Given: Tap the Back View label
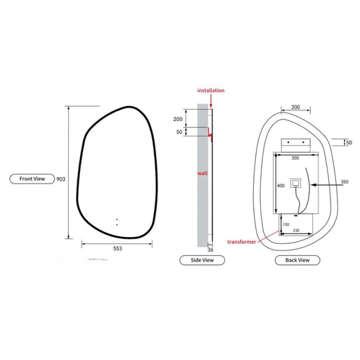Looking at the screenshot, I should pos(293,260).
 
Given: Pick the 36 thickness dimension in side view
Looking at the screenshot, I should pos(210,250).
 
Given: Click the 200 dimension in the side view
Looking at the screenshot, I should pos(177,120).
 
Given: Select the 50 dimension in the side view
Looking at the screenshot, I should pos(179,132).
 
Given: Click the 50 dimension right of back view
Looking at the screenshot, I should pos(349,143).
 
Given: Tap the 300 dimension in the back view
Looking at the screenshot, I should pos(295,159).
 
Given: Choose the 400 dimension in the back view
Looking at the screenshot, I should pos(281,186).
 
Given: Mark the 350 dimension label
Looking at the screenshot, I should pos(345,182).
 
